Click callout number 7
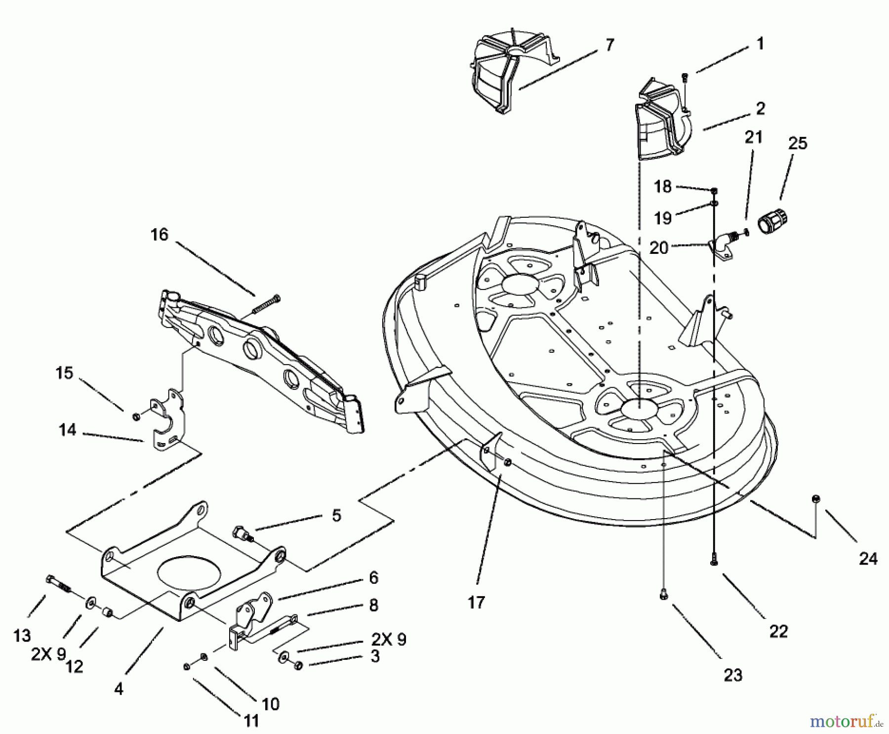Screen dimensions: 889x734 (x=609, y=45)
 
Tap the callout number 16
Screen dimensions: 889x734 (x=159, y=235)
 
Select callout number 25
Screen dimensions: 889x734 (x=798, y=143)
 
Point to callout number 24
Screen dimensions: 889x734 (x=868, y=559)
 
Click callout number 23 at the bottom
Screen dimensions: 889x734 (x=733, y=675)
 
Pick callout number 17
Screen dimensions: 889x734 (x=476, y=603)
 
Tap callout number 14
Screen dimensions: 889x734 (x=67, y=430)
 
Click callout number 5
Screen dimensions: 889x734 (x=336, y=516)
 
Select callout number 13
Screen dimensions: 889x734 (x=22, y=635)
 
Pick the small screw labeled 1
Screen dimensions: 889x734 (x=685, y=77)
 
